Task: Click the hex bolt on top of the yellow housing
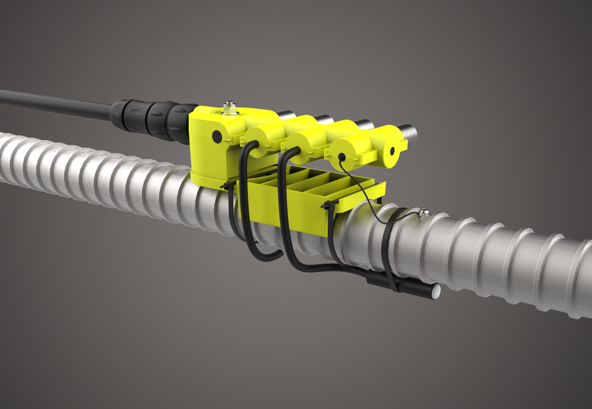(229, 108)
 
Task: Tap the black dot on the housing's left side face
(217, 137)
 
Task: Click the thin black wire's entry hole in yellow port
(342, 157)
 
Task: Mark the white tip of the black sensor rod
(435, 291)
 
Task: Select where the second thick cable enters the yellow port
(292, 151)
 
